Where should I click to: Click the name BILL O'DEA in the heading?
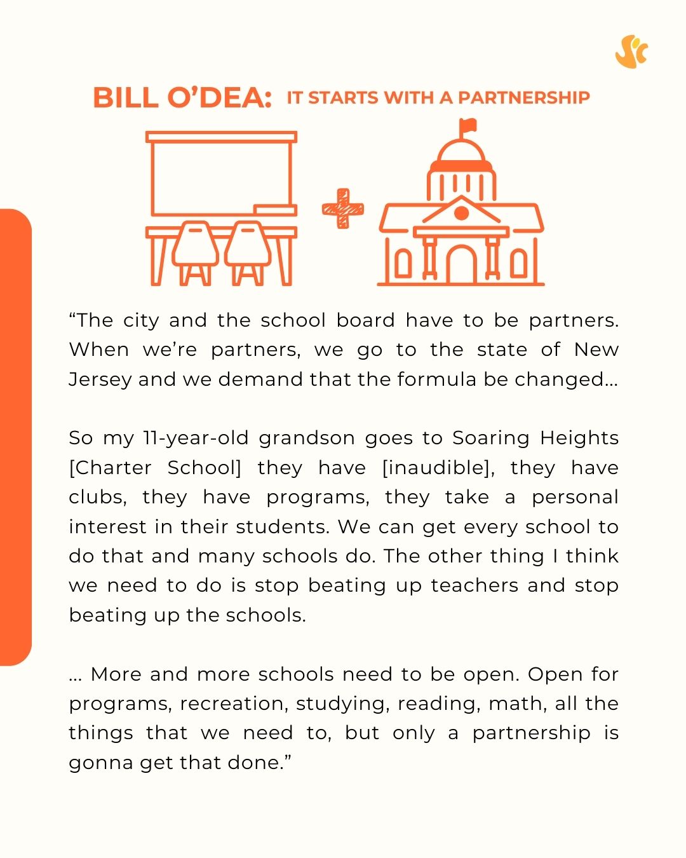point(182,98)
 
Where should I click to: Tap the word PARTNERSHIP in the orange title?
point(523,98)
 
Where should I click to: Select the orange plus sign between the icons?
point(343,208)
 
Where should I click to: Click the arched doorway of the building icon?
point(461,264)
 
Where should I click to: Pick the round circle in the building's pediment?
point(461,212)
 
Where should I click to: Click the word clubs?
point(97,497)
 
